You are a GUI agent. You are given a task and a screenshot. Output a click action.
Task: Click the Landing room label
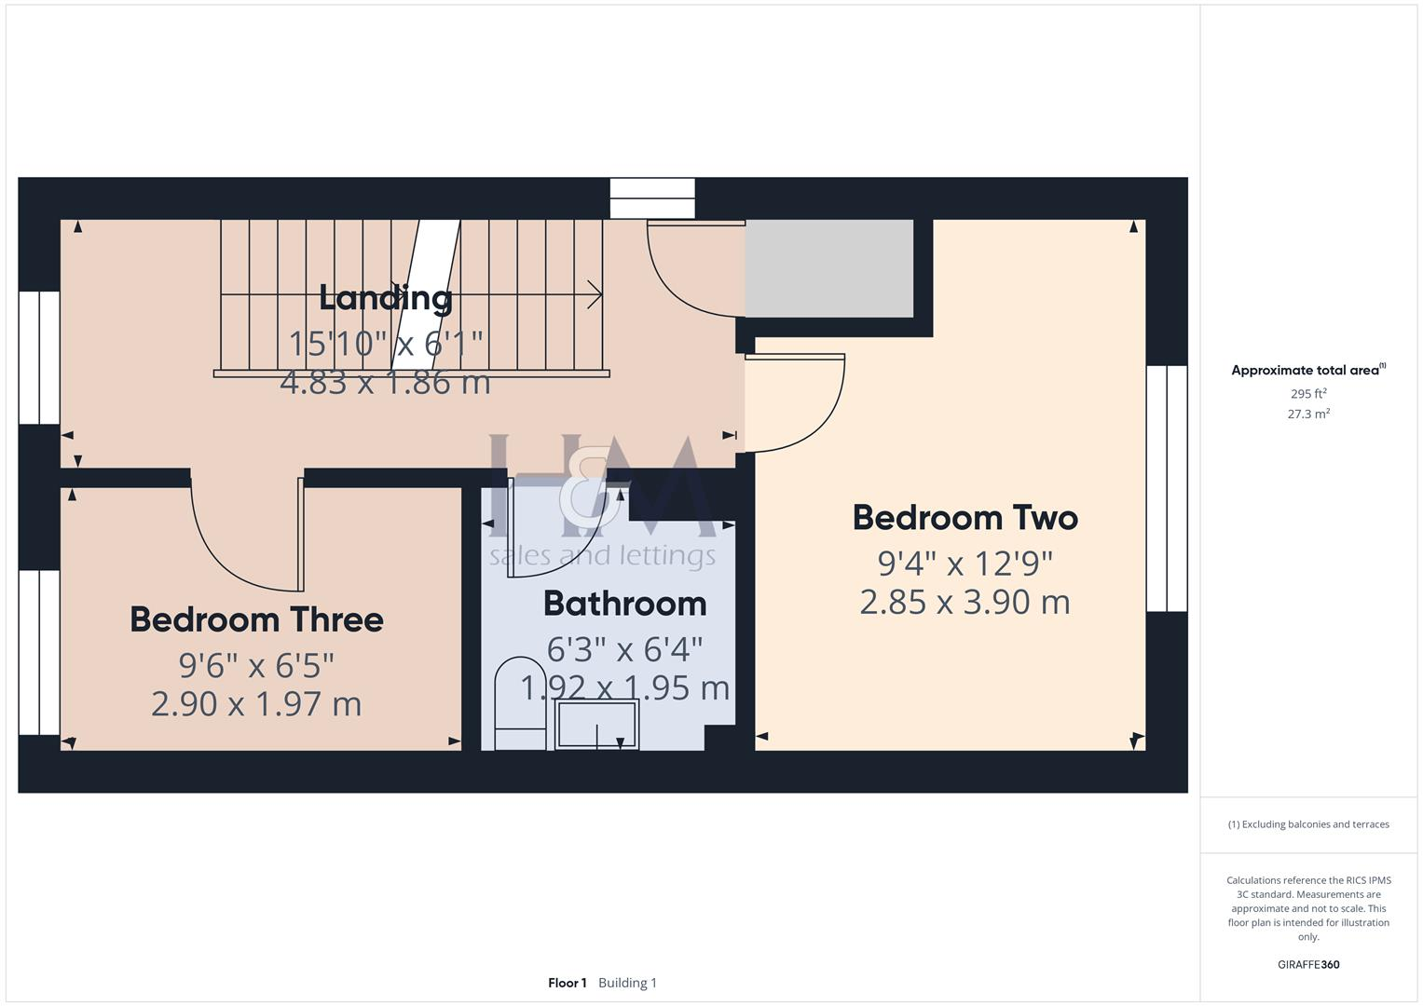pos(386,298)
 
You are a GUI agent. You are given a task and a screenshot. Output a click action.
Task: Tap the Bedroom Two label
pos(965,518)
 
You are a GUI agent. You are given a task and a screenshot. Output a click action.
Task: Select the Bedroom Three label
pos(256,619)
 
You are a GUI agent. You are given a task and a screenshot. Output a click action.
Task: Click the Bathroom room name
pos(624,604)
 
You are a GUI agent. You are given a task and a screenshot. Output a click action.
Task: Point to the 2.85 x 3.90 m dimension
pos(965,602)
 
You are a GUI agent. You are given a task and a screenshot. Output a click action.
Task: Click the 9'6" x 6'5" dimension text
pos(256,665)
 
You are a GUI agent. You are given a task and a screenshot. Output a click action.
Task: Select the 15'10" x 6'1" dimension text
pos(386,344)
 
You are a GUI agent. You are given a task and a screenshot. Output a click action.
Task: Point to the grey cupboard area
pos(828,268)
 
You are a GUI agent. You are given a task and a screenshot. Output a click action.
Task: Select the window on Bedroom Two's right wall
pos(1167,488)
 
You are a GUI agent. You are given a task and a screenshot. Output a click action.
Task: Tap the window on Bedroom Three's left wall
pos(39,652)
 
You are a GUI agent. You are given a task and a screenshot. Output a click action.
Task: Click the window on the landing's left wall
pos(39,358)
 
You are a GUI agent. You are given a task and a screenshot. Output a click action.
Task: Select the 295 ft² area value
pos(1307,394)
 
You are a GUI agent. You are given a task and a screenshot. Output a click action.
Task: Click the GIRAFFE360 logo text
pos(1307,964)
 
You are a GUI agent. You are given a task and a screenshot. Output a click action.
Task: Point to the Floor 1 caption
pos(567,983)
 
